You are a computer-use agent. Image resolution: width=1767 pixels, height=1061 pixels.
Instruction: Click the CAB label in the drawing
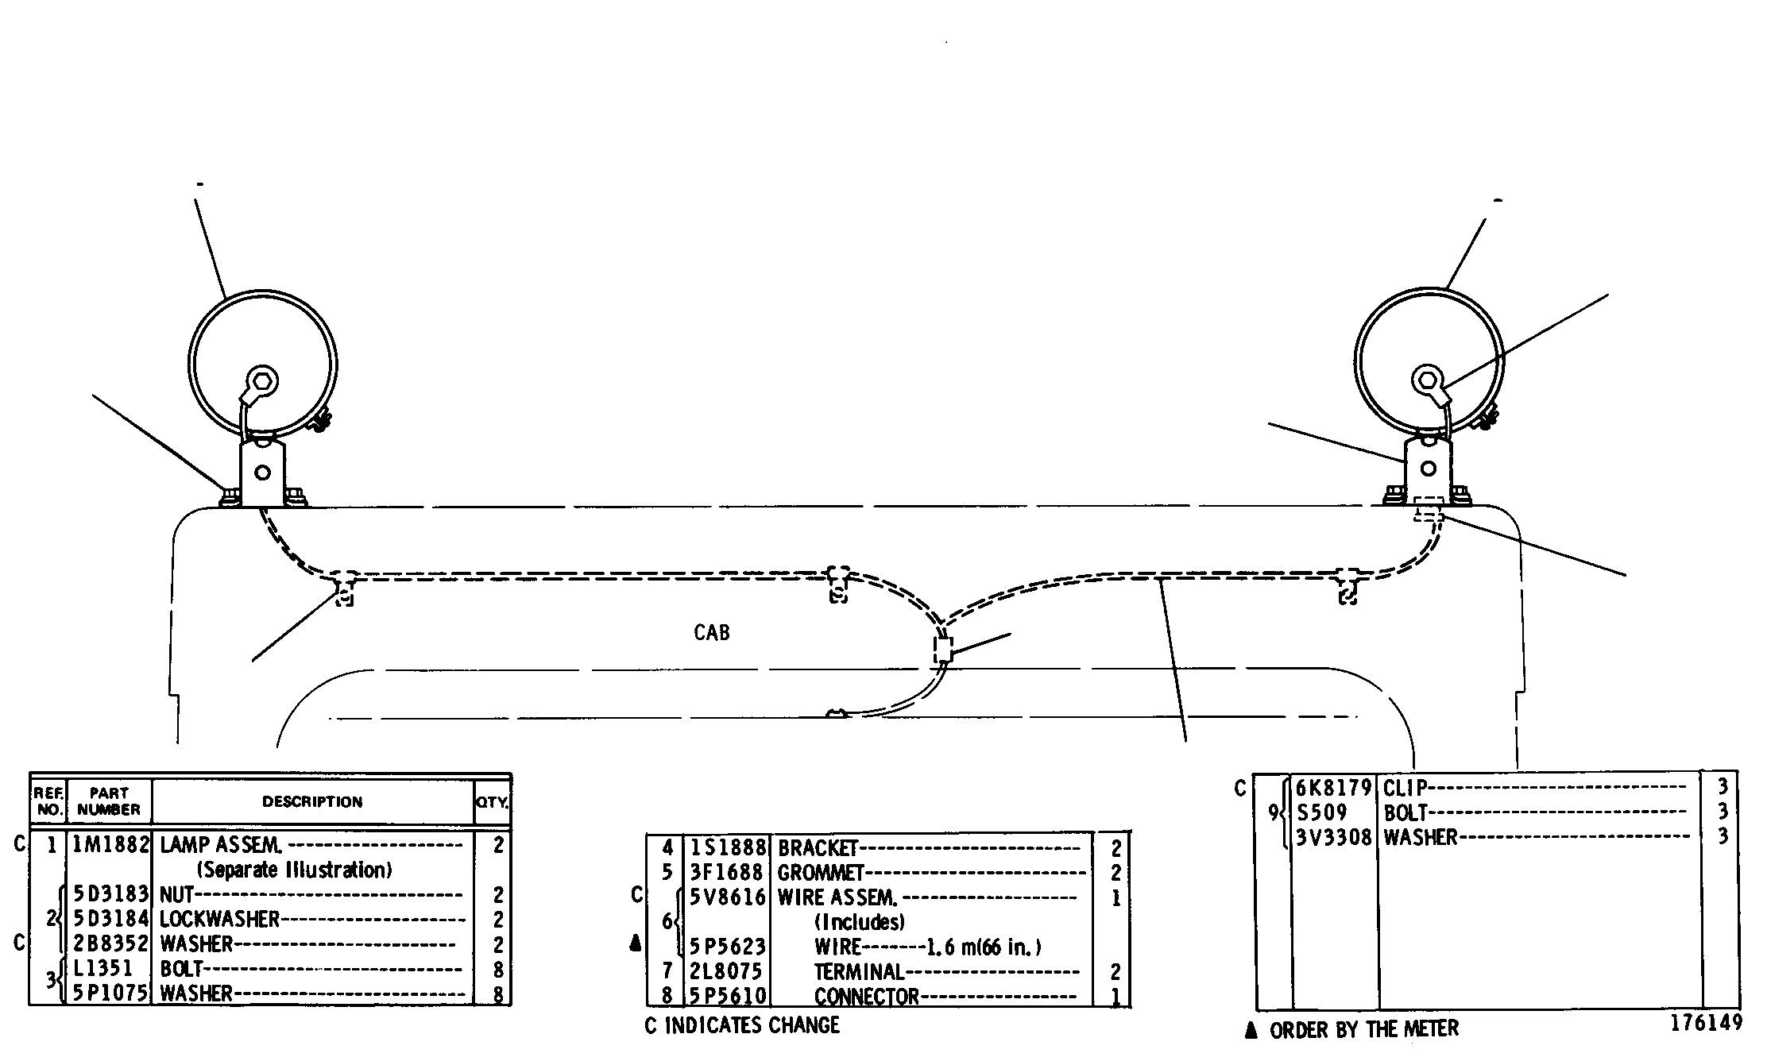(711, 632)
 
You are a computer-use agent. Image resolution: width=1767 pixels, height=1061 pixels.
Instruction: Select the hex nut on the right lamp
(1426, 378)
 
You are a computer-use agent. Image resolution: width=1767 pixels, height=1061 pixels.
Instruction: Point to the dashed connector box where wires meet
(943, 650)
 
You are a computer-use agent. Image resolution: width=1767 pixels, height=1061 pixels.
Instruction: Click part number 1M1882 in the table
(110, 845)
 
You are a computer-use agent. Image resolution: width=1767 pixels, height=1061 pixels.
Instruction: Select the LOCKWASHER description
(220, 920)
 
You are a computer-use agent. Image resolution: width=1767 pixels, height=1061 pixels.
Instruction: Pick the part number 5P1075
(110, 993)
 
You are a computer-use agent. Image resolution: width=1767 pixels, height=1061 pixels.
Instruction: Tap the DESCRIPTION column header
(312, 802)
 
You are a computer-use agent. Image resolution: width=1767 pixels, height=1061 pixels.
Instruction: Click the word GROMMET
(820, 873)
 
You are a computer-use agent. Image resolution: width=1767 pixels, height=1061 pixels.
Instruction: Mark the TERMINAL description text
(860, 971)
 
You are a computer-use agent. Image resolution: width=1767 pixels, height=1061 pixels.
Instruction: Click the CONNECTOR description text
(866, 996)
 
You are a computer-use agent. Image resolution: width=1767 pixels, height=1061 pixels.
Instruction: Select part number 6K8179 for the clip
(1334, 788)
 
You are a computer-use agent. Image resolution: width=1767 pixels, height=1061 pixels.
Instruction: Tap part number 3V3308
(1334, 837)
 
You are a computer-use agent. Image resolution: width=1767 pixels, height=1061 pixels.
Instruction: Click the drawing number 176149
(1706, 1022)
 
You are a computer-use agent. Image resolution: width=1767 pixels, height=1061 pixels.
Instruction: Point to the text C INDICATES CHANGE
(742, 1025)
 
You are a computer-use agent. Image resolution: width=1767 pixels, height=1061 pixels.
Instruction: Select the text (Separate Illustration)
(295, 870)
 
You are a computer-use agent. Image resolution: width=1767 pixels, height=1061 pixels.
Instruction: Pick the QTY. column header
(492, 803)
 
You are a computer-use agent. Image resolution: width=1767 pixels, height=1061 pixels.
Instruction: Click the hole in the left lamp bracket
(261, 473)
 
